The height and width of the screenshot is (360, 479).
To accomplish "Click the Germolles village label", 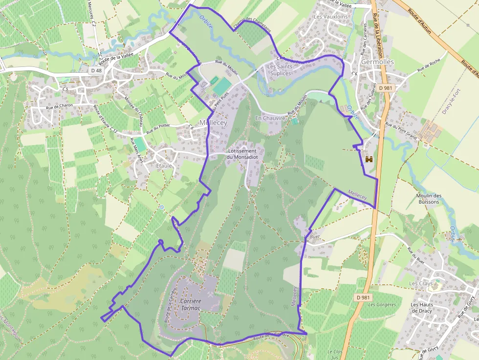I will coord(377,62).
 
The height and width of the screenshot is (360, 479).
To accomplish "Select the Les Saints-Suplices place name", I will coord(279,70).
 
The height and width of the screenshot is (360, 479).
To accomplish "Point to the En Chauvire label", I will coord(270,118).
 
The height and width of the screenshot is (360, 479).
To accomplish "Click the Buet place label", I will coord(315,236).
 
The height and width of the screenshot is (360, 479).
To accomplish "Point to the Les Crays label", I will coord(421,283).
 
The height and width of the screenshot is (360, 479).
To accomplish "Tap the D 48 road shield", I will coord(96,70).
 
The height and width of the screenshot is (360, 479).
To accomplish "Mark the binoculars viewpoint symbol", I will coord(369,159).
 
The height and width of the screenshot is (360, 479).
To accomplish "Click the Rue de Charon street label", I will coord(59,107).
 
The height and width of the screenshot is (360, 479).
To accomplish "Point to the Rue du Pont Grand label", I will coord(401,131).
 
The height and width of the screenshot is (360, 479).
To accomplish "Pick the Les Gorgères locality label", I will coord(382,304).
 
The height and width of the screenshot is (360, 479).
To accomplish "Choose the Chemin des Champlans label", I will coord(252,24).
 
